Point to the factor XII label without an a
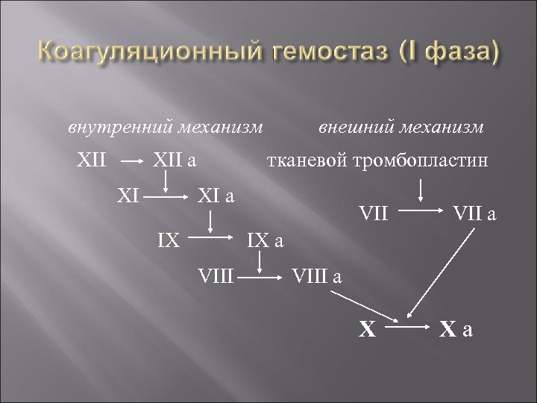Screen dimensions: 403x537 pos(92,160)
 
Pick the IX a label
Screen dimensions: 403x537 pos(266,241)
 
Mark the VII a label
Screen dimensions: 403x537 pos(474,215)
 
